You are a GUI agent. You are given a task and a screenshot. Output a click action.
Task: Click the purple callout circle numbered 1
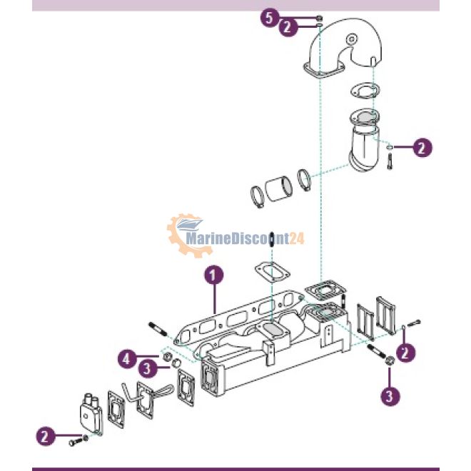pyautogui.click(x=214, y=275)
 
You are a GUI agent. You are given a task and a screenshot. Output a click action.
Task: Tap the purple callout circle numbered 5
pyautogui.click(x=270, y=18)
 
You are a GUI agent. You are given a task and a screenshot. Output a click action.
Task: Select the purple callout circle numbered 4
pyautogui.click(x=127, y=359)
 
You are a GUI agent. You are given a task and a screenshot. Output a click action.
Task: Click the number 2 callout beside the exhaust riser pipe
pyautogui.click(x=422, y=147)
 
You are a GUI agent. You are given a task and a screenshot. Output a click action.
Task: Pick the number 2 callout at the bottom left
pyautogui.click(x=46, y=436)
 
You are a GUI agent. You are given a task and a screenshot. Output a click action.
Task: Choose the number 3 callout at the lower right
pyautogui.click(x=390, y=396)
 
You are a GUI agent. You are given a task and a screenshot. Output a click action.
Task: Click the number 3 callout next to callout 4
pyautogui.click(x=148, y=368)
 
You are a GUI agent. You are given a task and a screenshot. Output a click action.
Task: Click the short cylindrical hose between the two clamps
pyautogui.click(x=278, y=190)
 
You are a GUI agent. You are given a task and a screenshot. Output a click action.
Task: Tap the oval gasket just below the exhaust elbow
pyautogui.click(x=365, y=91)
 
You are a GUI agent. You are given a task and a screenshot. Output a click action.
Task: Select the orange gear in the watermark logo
pyautogui.click(x=186, y=235)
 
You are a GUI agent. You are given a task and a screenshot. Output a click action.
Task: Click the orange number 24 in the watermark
pyautogui.click(x=296, y=239)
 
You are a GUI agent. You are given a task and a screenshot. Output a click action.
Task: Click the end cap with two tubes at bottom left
pyautogui.click(x=91, y=414)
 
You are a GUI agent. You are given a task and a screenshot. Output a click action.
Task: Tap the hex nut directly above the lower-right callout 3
pyautogui.click(x=390, y=360)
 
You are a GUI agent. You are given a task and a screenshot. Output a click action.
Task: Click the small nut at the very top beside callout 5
pyautogui.click(x=319, y=18)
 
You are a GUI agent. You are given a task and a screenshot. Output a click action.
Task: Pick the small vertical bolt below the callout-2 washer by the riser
pyautogui.click(x=390, y=162)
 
